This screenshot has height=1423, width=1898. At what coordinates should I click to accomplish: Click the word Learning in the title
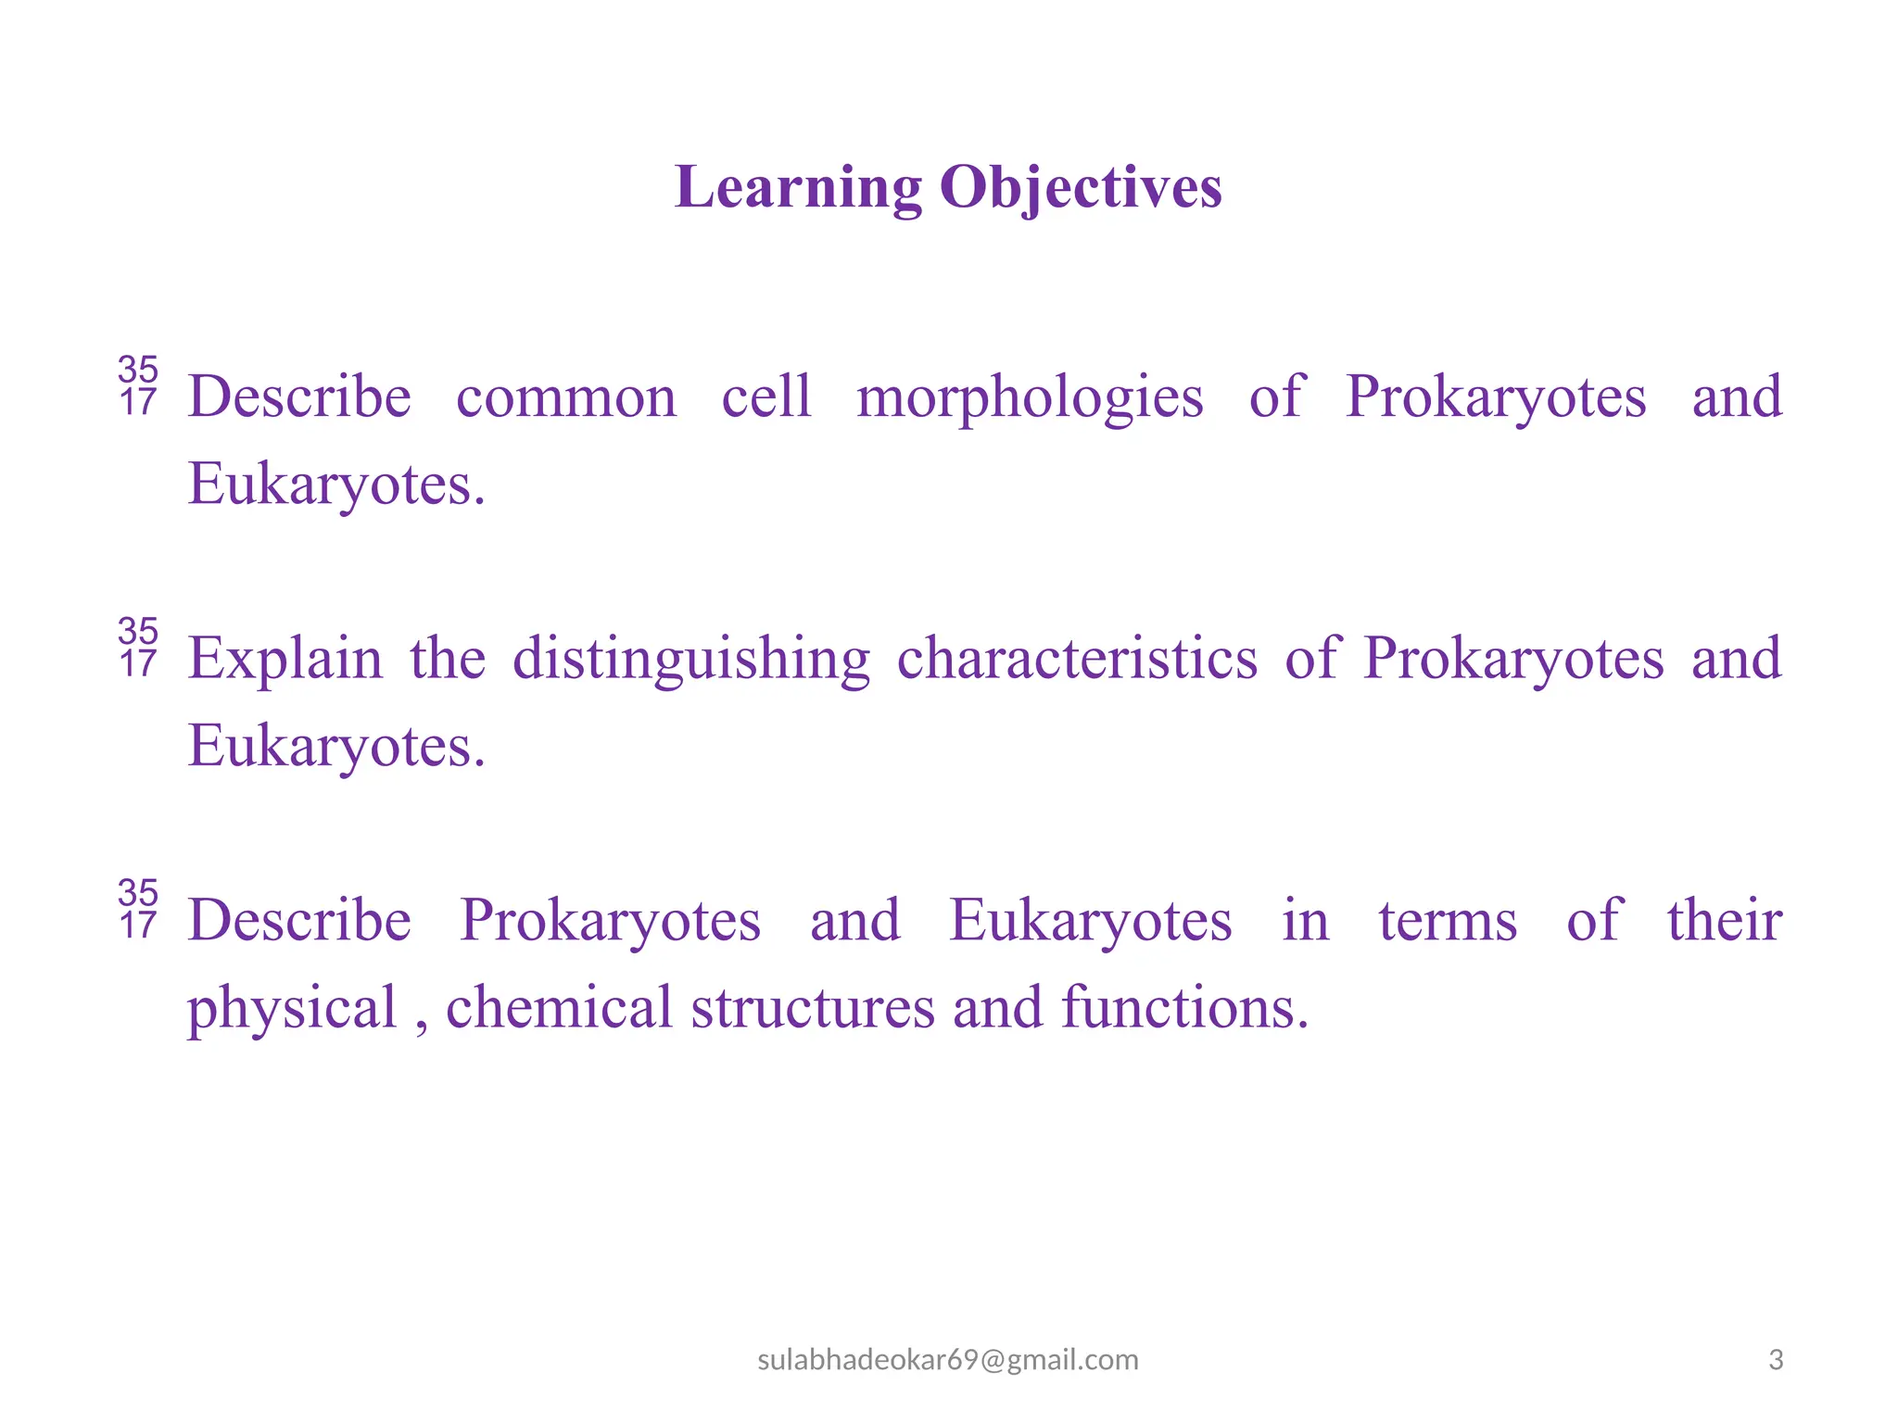pos(798,189)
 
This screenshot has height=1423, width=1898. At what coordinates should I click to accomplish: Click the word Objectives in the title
pos(1081,189)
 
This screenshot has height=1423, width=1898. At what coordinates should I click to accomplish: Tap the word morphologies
pos(1030,398)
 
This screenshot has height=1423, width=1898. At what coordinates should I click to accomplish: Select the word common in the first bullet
pos(566,398)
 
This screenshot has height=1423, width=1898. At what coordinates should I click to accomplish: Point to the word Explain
pos(285,660)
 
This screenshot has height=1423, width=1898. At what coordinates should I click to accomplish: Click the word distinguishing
pos(691,660)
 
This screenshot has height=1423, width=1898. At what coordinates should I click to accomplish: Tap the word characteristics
pos(1077,659)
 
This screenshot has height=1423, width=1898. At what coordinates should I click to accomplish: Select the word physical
pos(292,1009)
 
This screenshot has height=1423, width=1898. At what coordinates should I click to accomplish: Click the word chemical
pos(559,1007)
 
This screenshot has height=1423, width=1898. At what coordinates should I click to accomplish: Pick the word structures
pos(813,1008)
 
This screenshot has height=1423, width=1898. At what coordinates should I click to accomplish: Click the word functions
pos(1184,1007)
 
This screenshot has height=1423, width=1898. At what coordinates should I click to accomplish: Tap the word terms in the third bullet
pos(1448,921)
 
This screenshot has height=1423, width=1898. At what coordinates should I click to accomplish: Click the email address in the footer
pos(948,1359)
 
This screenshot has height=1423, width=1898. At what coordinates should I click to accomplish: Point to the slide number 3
pos(1776,1359)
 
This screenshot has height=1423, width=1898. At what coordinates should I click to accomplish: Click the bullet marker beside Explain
pos(138,648)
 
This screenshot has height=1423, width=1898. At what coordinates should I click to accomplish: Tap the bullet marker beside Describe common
pos(138,385)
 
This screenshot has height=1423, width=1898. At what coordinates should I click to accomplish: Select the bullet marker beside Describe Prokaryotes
pos(138,909)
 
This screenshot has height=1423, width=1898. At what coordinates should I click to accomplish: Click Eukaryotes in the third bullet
pos(1090,922)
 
